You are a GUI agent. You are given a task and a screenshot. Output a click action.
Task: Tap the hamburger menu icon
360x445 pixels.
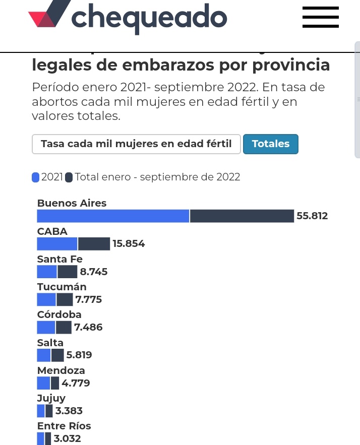coord(320,17)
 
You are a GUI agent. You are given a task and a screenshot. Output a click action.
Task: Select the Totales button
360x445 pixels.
coord(271,144)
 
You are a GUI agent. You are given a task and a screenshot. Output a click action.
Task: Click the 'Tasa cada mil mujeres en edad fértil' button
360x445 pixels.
coord(136,144)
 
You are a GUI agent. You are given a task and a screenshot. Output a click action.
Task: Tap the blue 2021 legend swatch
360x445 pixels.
coord(35,177)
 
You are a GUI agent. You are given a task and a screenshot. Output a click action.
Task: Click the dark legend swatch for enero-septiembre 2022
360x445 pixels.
coord(69,177)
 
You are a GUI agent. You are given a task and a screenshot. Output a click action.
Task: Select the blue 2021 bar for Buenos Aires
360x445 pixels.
coord(113,216)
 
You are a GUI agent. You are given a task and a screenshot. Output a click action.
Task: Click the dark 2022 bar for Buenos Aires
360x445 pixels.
coord(242,216)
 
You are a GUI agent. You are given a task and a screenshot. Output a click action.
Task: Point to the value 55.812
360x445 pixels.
coord(312,216)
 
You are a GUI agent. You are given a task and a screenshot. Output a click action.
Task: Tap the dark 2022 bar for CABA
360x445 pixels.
coord(94,244)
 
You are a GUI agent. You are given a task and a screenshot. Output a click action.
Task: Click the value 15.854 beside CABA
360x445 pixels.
coord(129,244)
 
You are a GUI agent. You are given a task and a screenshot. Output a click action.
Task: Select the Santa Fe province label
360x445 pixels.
coord(59,259)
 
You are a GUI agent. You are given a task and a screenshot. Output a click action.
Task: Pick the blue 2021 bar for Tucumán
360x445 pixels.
coord(46,300)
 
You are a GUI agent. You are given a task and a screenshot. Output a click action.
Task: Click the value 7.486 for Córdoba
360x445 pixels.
coord(88,328)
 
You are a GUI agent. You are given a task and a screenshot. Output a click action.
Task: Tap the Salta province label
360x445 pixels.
coord(50,343)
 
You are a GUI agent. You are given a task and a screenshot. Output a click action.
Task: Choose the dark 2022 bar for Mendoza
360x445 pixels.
coord(55,383)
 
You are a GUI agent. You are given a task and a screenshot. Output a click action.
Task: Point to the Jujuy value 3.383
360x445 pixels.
coord(69,411)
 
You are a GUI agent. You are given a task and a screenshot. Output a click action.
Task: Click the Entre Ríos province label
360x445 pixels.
coord(64,426)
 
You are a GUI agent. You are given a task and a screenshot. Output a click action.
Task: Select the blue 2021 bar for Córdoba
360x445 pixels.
coord(46,328)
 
